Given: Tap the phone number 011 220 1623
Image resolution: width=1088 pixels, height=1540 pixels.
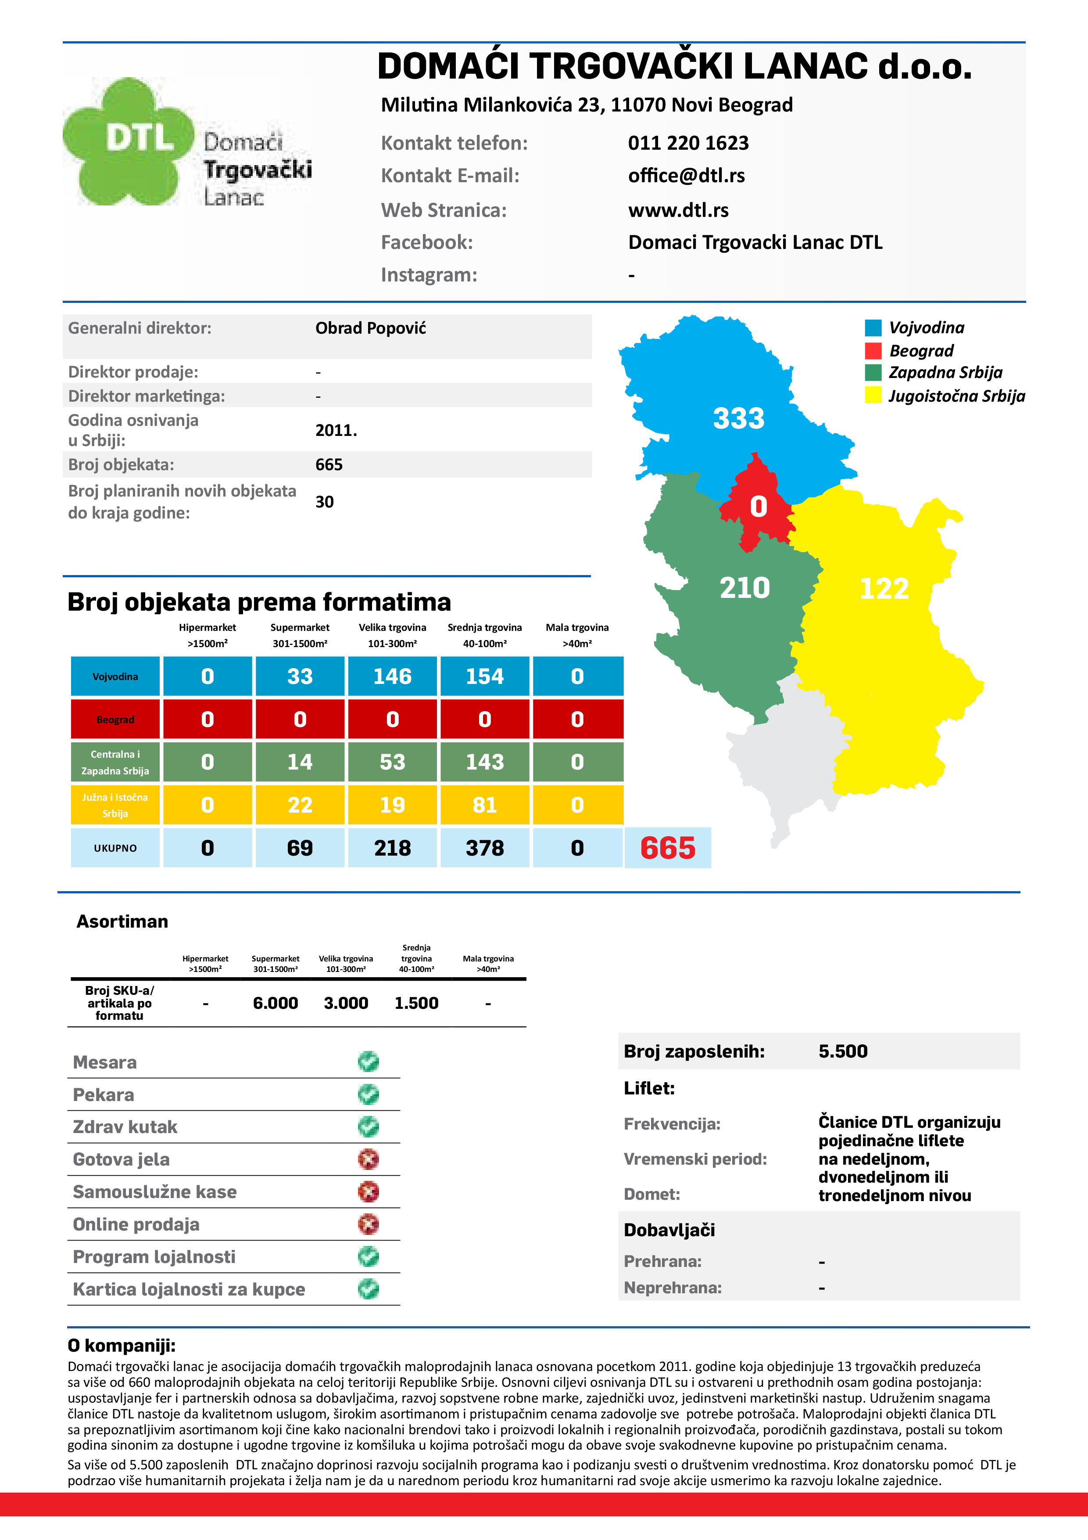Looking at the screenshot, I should (x=688, y=143).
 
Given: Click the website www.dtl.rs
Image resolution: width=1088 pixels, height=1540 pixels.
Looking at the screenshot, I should (x=678, y=210).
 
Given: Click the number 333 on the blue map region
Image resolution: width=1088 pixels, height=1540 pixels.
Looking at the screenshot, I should (x=738, y=418).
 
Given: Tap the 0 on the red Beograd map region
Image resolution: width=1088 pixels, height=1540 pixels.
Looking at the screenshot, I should (x=758, y=507).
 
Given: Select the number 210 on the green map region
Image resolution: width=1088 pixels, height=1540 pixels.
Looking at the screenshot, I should (x=744, y=587).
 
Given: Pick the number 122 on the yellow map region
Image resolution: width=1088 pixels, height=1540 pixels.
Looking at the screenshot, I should (x=884, y=589).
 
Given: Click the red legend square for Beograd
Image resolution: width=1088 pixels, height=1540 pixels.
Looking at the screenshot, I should (x=873, y=351).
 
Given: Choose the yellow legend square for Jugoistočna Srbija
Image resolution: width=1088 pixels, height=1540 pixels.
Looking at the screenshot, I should (x=873, y=395).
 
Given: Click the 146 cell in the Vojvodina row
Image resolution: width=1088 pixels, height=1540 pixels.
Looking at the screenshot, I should (x=392, y=676).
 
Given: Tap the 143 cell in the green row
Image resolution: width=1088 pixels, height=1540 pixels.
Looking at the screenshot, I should (x=485, y=762).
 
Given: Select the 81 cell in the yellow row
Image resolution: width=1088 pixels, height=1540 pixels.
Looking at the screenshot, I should (x=485, y=805).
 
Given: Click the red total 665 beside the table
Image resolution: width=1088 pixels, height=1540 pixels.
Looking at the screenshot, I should (x=668, y=848).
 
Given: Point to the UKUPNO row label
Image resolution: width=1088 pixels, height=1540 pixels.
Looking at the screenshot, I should (x=115, y=848).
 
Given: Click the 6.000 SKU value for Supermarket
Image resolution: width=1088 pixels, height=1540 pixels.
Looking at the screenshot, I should (x=276, y=1004).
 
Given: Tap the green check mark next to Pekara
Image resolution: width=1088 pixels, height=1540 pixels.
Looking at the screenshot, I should (x=368, y=1094).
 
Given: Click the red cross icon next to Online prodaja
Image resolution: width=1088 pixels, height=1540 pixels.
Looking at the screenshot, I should (x=368, y=1224).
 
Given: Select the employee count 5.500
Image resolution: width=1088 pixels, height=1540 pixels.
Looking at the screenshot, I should (x=843, y=1051).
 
